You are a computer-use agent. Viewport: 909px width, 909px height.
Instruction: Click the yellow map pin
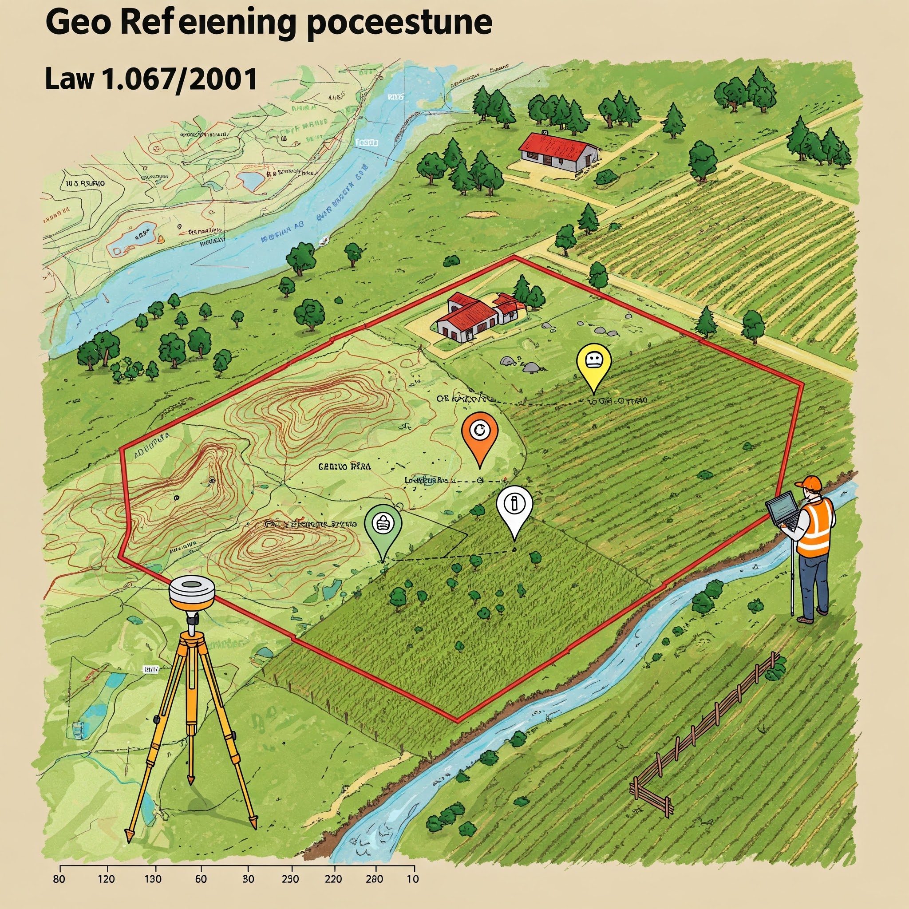click(593, 363)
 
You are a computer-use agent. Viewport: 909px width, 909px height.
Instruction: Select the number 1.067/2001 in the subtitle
click(179, 79)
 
